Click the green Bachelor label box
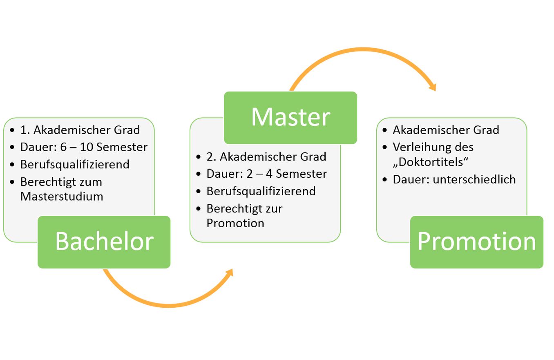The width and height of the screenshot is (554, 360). pos(104,242)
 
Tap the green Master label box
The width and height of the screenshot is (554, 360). pos(290,117)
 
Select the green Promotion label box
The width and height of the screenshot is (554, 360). pos(476,242)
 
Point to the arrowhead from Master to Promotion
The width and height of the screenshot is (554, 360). pos(432,87)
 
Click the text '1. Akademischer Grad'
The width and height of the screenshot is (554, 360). pos(80,130)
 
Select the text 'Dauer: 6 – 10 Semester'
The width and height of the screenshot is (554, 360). pos(84,147)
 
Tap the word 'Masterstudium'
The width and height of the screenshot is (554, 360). pos(62,197)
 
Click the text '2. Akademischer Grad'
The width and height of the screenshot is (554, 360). pos(266,157)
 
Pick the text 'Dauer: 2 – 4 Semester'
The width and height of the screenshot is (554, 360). pos(267,174)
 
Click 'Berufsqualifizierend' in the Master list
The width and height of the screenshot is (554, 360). pos(261,191)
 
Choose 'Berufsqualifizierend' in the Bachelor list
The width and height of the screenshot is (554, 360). pos(75,164)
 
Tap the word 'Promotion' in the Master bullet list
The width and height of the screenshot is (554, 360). pos(235,224)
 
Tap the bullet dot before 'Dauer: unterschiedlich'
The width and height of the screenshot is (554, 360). pos(384,179)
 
